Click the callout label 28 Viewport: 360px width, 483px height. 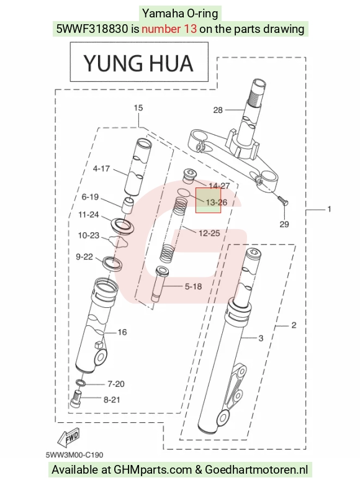coord(218,110)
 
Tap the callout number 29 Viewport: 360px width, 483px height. coord(284,224)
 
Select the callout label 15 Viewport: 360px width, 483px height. coord(138,108)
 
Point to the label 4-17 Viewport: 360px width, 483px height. coord(101,169)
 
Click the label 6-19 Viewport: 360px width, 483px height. coord(90,197)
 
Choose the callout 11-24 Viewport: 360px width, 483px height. coord(88,214)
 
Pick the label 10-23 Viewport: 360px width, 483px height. coord(88,236)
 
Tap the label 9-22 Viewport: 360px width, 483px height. coord(84,256)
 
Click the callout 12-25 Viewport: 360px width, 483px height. coord(209,233)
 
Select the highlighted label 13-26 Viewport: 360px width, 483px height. coord(217,202)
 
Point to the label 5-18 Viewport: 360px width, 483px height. coord(193,287)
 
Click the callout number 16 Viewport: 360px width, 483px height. coord(122,332)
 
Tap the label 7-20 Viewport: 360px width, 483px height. coord(116,384)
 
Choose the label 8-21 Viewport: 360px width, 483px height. coord(112,400)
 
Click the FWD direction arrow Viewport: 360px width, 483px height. coord(70,438)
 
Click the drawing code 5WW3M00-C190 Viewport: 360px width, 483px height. coord(74,455)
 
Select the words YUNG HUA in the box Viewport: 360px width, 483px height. coord(138,63)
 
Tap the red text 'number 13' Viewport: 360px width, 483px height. coord(169,29)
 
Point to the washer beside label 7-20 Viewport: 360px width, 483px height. coord(81,383)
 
